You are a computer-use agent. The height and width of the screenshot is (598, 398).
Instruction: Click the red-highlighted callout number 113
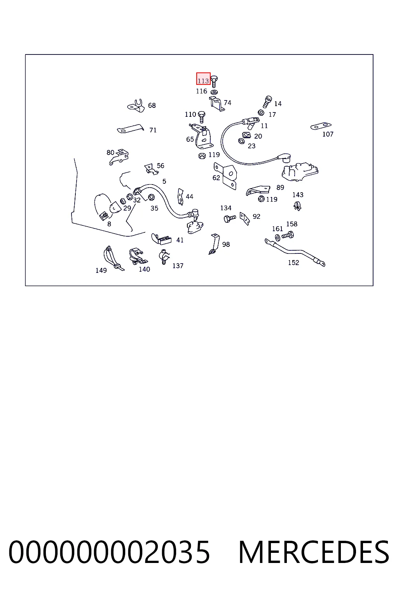(x=203, y=81)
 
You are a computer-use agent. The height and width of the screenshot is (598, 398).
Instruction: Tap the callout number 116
(x=202, y=91)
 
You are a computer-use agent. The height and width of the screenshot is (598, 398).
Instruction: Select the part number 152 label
(x=293, y=263)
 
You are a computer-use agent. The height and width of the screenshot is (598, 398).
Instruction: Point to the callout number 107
(x=328, y=134)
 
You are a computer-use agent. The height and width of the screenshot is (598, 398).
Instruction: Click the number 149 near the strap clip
(x=101, y=271)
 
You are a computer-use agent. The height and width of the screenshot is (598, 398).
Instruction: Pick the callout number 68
(x=152, y=106)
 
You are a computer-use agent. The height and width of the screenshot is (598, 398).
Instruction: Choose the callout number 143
(x=298, y=195)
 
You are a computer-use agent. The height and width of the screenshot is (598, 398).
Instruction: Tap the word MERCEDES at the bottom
(x=314, y=552)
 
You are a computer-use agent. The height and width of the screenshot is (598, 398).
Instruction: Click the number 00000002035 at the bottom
(x=109, y=552)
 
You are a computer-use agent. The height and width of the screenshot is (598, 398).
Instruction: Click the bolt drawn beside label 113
(x=214, y=81)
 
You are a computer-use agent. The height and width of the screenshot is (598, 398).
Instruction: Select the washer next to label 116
(x=214, y=92)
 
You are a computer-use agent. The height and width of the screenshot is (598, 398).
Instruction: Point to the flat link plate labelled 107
(x=321, y=126)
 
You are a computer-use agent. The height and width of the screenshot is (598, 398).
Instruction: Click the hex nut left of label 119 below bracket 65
(x=202, y=156)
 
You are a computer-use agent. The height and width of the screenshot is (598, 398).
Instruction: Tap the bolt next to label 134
(x=230, y=219)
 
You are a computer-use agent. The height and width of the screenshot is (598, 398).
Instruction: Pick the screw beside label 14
(x=267, y=102)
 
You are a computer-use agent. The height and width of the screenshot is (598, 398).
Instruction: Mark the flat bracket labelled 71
(x=130, y=129)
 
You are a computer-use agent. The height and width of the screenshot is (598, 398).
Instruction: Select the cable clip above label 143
(x=297, y=206)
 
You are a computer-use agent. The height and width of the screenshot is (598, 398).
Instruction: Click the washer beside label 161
(x=278, y=237)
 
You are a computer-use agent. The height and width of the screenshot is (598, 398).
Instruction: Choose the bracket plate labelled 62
(x=225, y=176)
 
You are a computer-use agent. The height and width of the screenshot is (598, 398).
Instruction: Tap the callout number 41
(x=180, y=240)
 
